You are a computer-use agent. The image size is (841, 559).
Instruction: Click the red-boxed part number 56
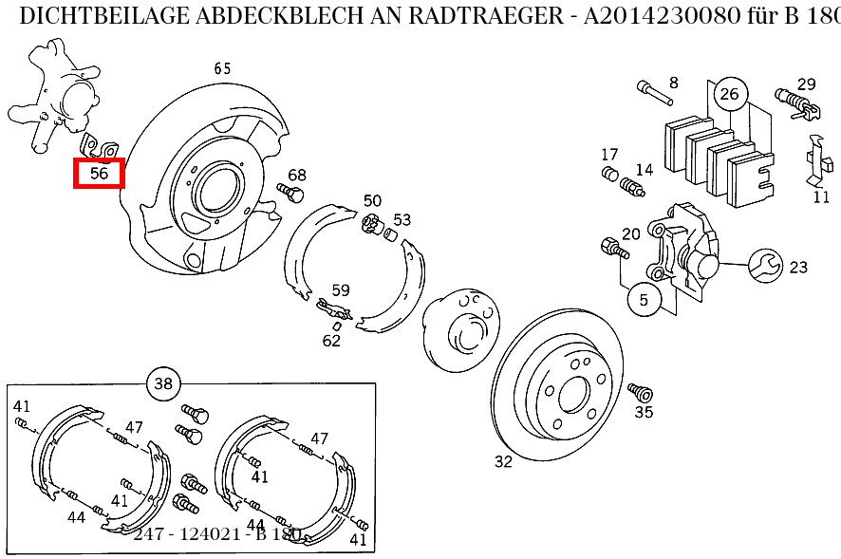[x=100, y=174]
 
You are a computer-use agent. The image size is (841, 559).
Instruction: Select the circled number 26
[x=729, y=93]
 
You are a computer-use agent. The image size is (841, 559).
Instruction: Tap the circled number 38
[x=163, y=383]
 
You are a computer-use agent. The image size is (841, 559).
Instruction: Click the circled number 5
[x=644, y=300]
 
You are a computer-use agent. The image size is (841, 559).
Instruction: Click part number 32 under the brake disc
[x=503, y=462]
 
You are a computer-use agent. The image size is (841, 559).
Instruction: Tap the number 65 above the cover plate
[x=222, y=68]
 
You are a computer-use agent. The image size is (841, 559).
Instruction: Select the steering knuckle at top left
[x=59, y=95]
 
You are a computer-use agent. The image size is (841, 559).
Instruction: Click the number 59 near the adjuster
[x=340, y=291]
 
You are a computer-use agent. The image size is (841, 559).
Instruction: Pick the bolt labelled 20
[x=613, y=250]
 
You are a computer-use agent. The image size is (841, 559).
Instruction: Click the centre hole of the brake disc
[x=574, y=394]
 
